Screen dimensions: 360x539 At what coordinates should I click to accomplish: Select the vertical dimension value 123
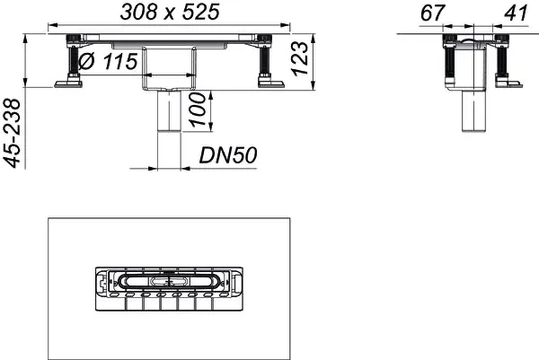(x=303, y=59)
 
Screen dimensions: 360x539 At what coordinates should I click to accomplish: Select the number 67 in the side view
(x=434, y=14)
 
